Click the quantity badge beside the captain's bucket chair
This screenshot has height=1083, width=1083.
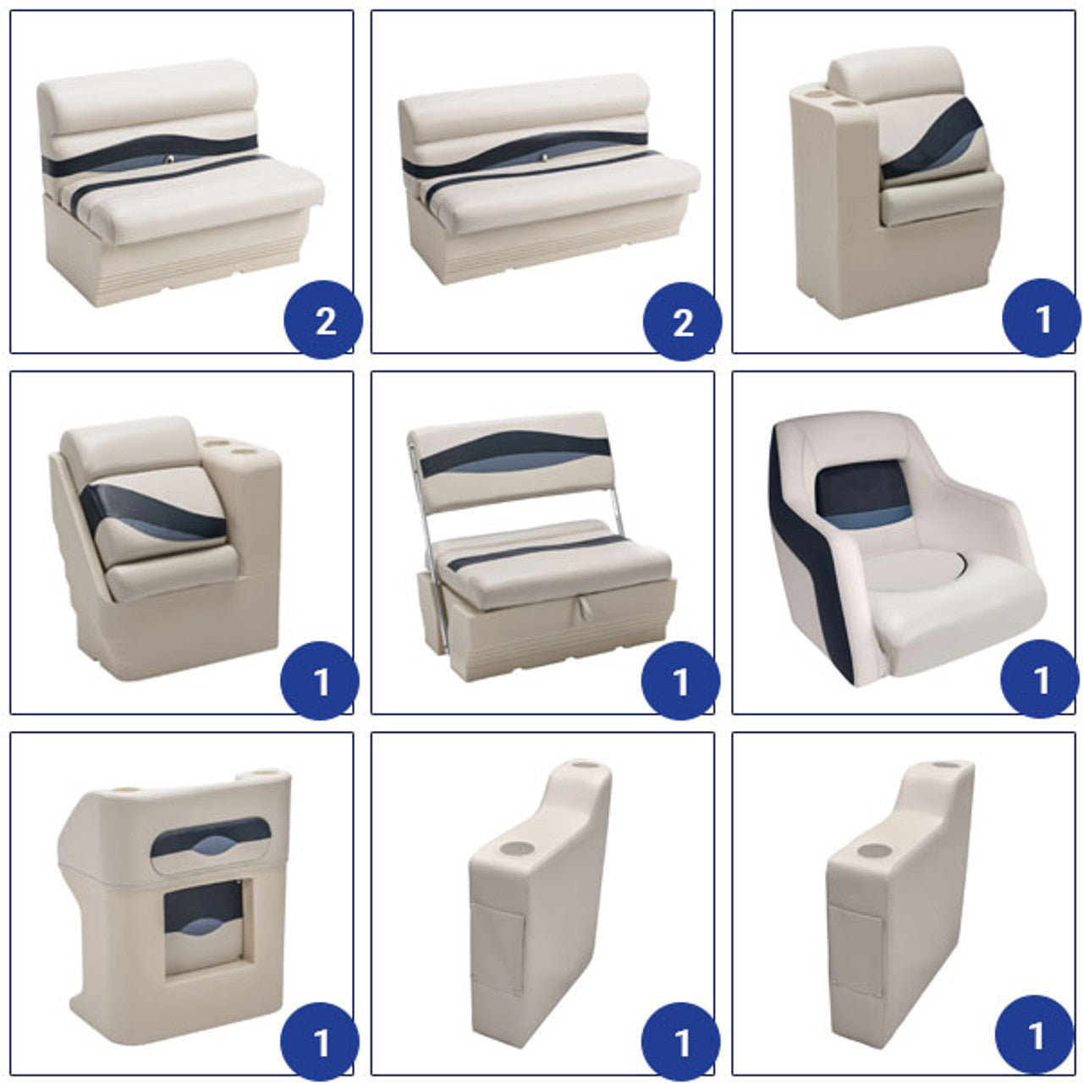(x=1039, y=679)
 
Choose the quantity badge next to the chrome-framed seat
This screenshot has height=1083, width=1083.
(x=680, y=680)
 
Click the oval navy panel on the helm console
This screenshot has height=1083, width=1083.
(x=211, y=838)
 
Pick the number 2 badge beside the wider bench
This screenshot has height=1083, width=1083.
(x=682, y=322)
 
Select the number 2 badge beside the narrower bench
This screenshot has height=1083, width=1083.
(x=324, y=320)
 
